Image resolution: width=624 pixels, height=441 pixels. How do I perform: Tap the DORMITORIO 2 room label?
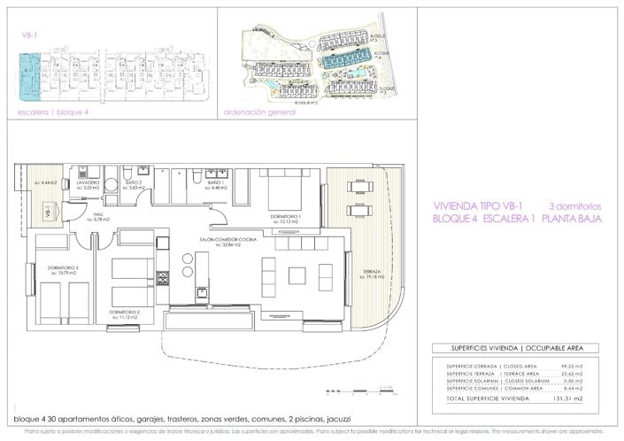click(125, 312)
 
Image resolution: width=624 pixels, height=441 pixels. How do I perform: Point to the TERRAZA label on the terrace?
click(371, 271)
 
